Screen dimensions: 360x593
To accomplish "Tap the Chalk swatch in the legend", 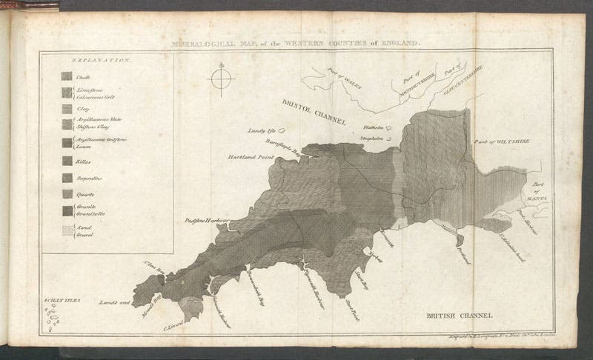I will (66, 76).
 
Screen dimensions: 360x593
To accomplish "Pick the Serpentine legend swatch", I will (66, 178).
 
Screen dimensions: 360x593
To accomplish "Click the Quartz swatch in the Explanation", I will (66, 195).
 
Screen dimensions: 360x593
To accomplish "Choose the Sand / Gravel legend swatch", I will (66, 230).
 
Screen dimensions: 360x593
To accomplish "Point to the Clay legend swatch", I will (66, 109).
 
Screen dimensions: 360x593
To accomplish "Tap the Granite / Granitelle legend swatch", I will (66, 211).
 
